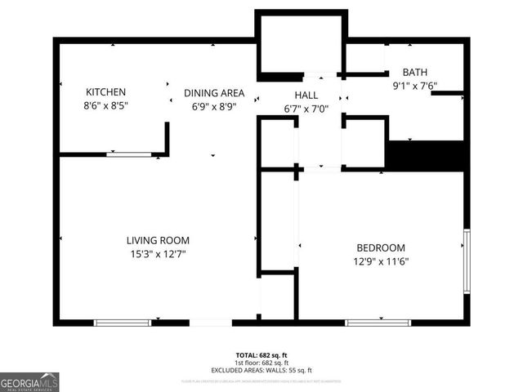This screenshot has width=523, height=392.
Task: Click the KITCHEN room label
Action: pyautogui.click(x=106, y=92)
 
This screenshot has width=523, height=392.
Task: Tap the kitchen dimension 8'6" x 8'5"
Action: pyautogui.click(x=106, y=105)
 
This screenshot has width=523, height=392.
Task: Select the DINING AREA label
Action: pyautogui.click(x=213, y=93)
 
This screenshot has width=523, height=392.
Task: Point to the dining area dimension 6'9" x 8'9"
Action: pyautogui.click(x=213, y=106)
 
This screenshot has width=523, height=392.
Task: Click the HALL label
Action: pyautogui.click(x=306, y=96)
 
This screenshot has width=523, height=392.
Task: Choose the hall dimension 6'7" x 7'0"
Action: pyautogui.click(x=306, y=109)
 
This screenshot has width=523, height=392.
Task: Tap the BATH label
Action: pyautogui.click(x=413, y=73)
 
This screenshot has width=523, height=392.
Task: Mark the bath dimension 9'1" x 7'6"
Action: pyautogui.click(x=413, y=85)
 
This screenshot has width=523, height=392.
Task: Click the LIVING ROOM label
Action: pyautogui.click(x=158, y=240)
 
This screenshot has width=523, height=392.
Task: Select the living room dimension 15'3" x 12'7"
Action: pyautogui.click(x=158, y=254)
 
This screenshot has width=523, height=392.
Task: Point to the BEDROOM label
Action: pyautogui.click(x=381, y=248)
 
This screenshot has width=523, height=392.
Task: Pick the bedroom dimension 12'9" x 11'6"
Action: pyautogui.click(x=381, y=261)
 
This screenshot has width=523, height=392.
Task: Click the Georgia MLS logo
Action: pyautogui.click(x=29, y=382)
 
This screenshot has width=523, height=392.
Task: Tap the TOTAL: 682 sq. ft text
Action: pyautogui.click(x=261, y=355)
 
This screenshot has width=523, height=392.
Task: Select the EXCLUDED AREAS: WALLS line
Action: pyautogui.click(x=261, y=370)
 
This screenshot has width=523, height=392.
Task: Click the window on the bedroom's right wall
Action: pyautogui.click(x=467, y=261)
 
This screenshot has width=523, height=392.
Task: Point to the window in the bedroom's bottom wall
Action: pyautogui.click(x=378, y=323)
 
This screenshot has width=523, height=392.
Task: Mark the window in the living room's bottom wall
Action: pyautogui.click(x=123, y=323)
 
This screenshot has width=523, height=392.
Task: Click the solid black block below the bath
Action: pyautogui.click(x=425, y=154)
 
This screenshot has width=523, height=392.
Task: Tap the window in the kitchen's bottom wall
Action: pyautogui.click(x=128, y=154)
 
